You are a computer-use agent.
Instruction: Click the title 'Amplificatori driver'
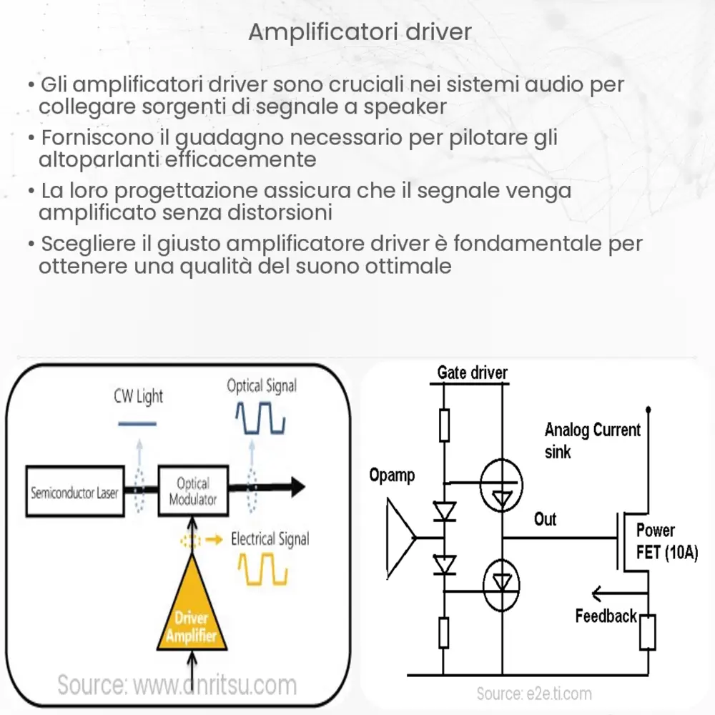tap(360, 32)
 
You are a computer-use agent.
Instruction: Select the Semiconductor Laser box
tap(74, 493)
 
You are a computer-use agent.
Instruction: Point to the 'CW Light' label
tap(139, 396)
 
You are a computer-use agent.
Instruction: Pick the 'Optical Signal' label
tap(261, 387)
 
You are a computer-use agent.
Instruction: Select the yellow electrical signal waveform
tap(262, 569)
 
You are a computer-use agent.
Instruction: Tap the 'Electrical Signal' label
tap(270, 538)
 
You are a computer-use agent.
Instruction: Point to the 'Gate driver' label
tap(472, 373)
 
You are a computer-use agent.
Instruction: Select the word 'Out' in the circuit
tap(545, 518)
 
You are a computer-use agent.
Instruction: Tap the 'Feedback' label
tap(606, 616)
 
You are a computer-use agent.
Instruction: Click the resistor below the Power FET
tap(647, 630)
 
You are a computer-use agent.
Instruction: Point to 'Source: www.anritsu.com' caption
tap(177, 685)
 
